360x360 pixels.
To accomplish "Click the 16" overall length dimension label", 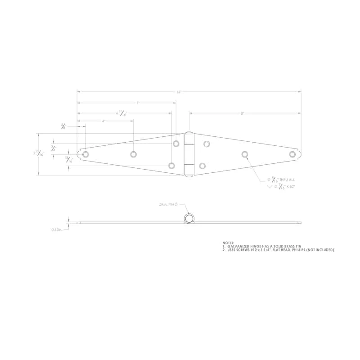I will point(179,92).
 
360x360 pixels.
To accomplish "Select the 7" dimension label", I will point(138,103).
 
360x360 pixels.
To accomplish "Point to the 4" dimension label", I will point(103,121).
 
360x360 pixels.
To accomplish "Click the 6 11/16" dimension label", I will point(121,113).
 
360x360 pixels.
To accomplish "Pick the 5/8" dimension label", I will point(63,127).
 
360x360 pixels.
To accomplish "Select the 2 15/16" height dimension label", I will point(39,153).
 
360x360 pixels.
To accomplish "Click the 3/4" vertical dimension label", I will point(54,148).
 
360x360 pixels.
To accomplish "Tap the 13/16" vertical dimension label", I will point(68,159).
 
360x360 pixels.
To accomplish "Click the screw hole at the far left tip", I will point(85,154).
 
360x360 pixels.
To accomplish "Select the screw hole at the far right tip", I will point(292,154).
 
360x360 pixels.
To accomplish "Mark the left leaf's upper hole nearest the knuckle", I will point(176,144).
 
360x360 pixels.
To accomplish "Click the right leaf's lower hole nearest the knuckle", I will point(202,166).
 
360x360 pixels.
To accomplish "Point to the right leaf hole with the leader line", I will point(245,154).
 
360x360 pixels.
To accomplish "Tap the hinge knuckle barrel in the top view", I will point(189,154).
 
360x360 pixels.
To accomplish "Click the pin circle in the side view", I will point(189,219).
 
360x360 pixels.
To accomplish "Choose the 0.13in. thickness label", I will point(58,229).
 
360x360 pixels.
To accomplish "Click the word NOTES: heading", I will point(229,243).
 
